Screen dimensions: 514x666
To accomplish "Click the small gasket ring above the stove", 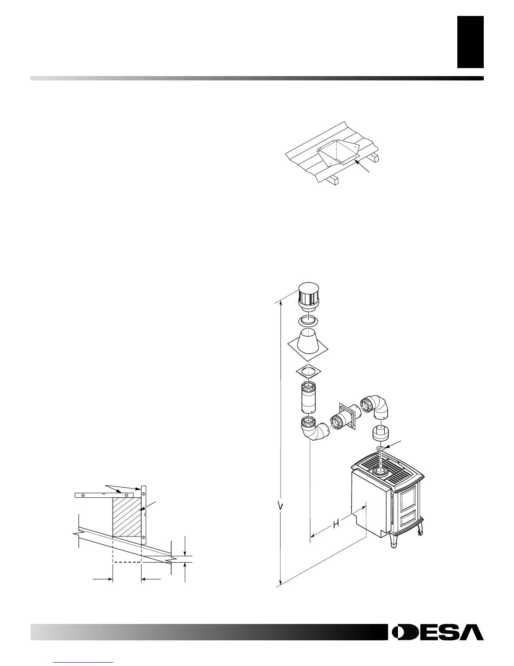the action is pos(380,449).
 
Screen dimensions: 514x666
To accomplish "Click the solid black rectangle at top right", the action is pos(470,42).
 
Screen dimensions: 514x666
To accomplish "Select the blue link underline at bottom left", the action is pos(84,662).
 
